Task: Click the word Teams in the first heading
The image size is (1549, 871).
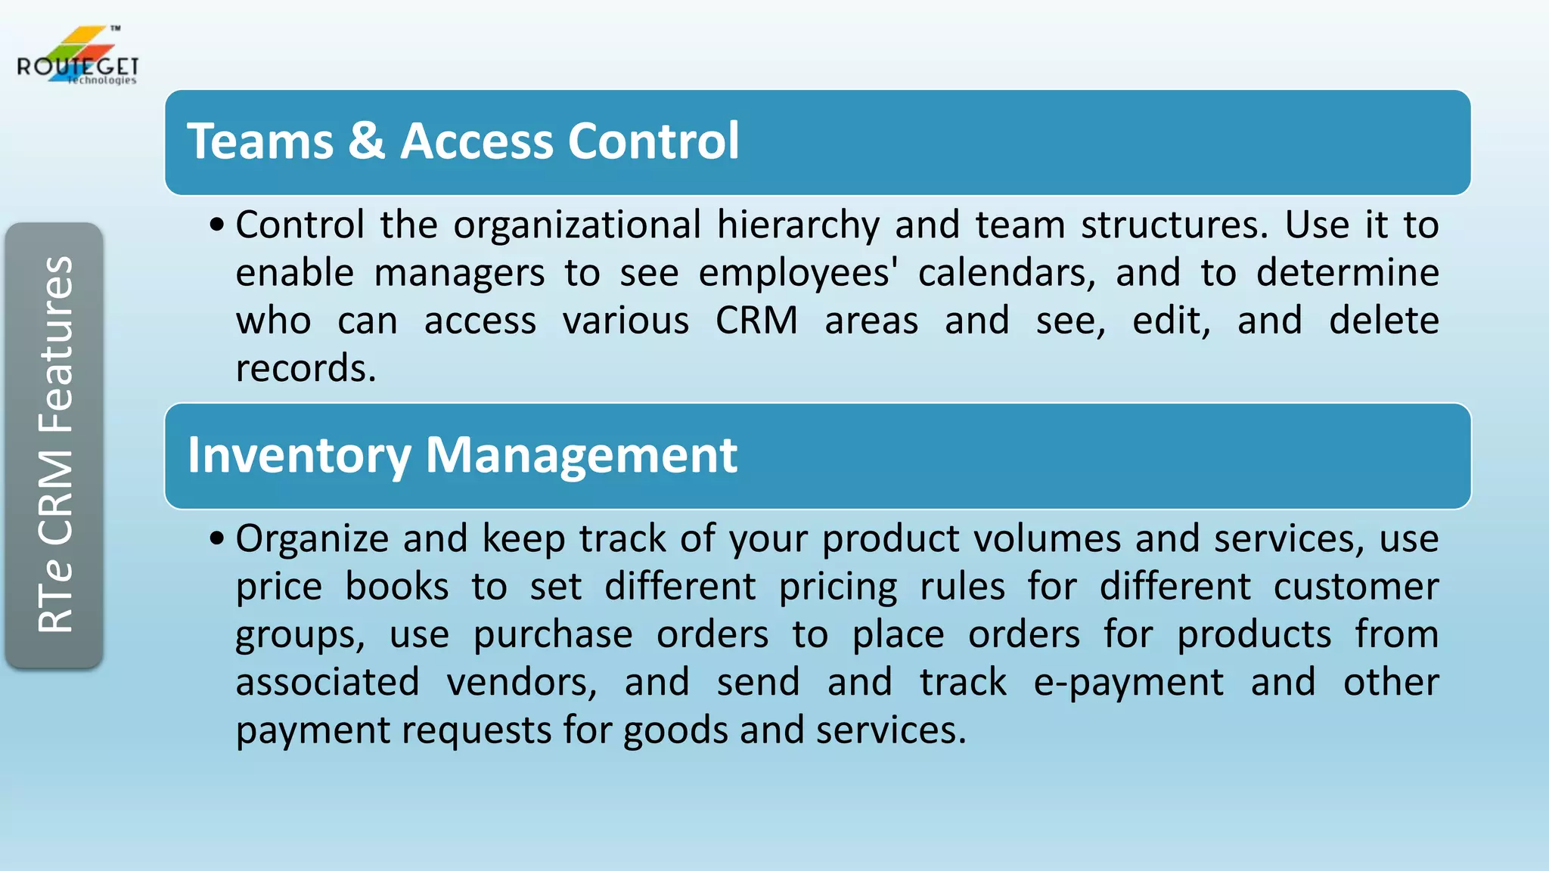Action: click(x=260, y=141)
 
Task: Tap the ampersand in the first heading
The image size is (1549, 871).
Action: click(x=366, y=141)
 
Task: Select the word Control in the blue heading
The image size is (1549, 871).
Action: click(x=653, y=141)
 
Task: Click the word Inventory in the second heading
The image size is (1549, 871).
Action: click(x=299, y=456)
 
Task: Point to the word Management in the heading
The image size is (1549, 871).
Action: click(x=581, y=456)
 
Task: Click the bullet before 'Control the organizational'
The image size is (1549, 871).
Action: click(x=217, y=225)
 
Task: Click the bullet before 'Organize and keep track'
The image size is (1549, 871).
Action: click(x=217, y=539)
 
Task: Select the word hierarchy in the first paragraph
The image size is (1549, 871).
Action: click(x=798, y=225)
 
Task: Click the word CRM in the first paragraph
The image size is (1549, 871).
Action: click(x=756, y=321)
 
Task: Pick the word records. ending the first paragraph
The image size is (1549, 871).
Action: click(x=306, y=369)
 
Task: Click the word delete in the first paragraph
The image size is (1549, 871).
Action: click(x=1383, y=321)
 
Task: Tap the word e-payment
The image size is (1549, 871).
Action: click(x=1128, y=683)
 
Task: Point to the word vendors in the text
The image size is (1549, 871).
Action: click(x=521, y=683)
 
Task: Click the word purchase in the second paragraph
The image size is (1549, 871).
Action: click(x=553, y=635)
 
